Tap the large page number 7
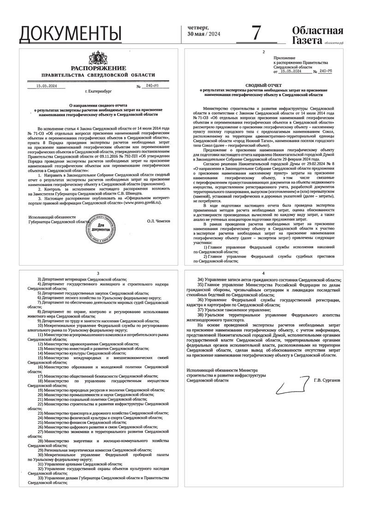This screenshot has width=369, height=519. [x=257, y=33]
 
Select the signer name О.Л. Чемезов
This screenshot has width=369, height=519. [x=158, y=221]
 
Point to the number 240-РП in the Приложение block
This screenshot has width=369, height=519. [x=326, y=72]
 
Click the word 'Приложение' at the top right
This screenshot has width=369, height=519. [x=284, y=58]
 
